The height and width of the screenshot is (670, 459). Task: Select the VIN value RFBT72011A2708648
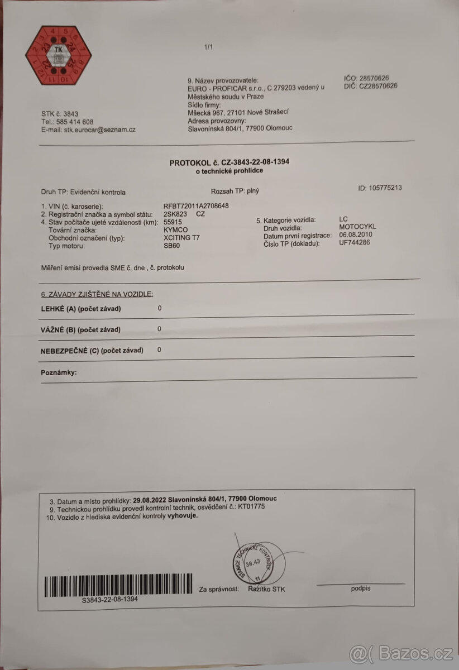click(196, 205)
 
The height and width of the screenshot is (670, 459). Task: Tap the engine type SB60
click(171, 246)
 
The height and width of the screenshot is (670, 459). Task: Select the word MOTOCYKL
click(357, 227)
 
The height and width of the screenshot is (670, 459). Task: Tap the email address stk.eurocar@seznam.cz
click(100, 130)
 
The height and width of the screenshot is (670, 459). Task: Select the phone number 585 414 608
click(74, 122)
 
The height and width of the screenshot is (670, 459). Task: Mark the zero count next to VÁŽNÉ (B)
click(160, 329)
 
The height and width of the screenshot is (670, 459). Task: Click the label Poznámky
click(59, 372)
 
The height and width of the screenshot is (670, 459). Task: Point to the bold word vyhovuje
click(183, 516)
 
